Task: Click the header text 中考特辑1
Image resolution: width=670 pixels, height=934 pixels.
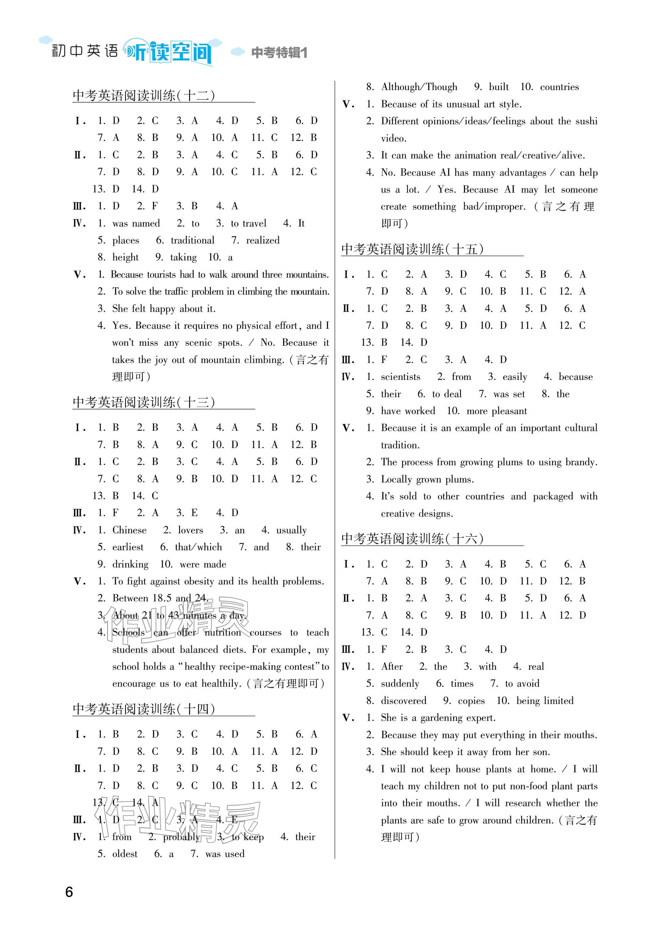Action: [279, 53]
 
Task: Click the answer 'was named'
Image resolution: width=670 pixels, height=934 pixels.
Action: [136, 224]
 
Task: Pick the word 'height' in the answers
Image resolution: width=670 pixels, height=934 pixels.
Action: [125, 257]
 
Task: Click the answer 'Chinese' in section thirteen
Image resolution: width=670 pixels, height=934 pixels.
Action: [129, 530]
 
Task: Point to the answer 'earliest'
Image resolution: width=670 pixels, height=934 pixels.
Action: [128, 547]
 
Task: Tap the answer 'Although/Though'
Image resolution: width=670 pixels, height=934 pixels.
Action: [419, 87]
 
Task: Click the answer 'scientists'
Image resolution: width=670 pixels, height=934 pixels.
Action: [400, 377]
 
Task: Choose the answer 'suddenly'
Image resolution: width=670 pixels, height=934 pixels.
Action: [400, 684]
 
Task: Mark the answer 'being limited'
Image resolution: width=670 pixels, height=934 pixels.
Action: [544, 701]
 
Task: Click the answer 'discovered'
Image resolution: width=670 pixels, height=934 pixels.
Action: [403, 701]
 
